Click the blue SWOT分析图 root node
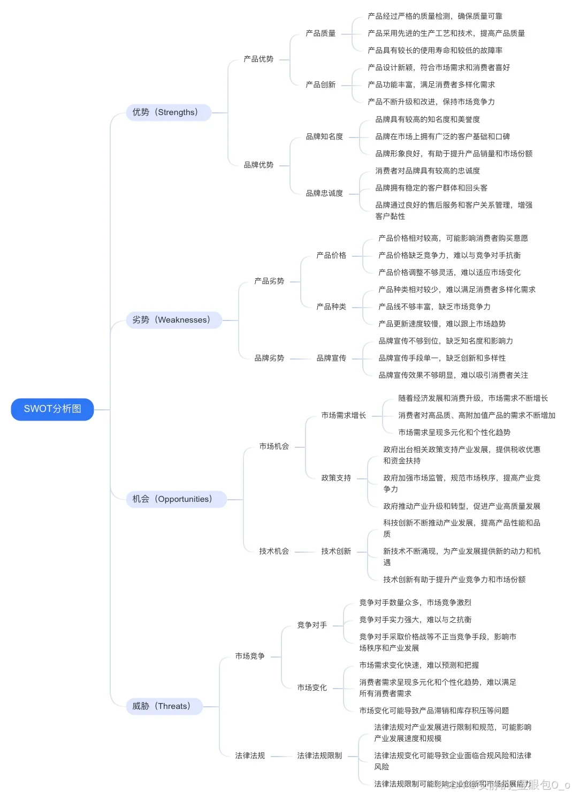tap(52, 409)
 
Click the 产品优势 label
tap(258, 59)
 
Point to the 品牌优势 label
tap(258, 165)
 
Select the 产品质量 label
tap(321, 34)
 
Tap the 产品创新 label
tap(321, 85)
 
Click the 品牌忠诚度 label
tap(324, 194)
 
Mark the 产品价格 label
tap(331, 256)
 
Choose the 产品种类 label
tap(331, 307)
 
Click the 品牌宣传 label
tap(331, 358)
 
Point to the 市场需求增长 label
tap(344, 416)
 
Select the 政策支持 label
tap(336, 478)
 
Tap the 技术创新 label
tap(336, 552)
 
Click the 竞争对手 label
tap(312, 625)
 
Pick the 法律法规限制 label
tap(319, 756)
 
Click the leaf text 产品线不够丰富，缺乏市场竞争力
tap(434, 307)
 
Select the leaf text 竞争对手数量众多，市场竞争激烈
tap(415, 603)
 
